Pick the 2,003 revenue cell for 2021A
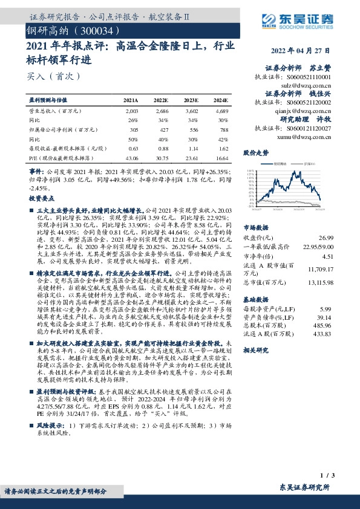click(x=132, y=111)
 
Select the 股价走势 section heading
click(x=255, y=152)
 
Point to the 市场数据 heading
click(x=255, y=228)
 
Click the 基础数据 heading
click(x=255, y=299)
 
